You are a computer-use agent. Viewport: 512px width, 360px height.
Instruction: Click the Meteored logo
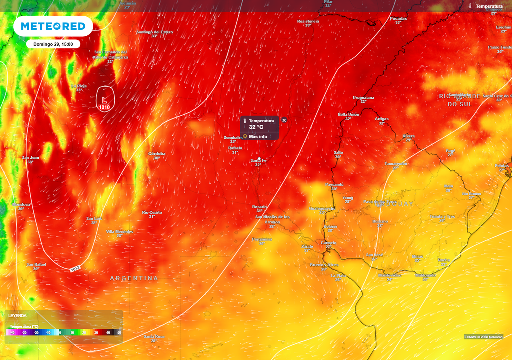pyautogui.click(x=53, y=26)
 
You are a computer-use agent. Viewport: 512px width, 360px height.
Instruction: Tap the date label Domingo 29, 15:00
pyautogui.click(x=53, y=44)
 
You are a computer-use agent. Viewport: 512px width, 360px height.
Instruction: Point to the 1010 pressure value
pyautogui.click(x=104, y=107)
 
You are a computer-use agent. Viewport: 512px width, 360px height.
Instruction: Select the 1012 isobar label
pyautogui.click(x=75, y=269)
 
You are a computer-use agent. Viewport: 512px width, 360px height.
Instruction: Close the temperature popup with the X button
pyautogui.click(x=284, y=120)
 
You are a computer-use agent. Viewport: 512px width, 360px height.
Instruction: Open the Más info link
pyautogui.click(x=258, y=136)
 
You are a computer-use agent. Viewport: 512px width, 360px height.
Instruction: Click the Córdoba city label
pyautogui.click(x=157, y=154)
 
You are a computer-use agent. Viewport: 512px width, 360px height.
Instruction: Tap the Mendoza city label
pyautogui.click(x=21, y=204)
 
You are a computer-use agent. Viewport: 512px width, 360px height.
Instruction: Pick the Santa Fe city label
pyautogui.click(x=259, y=160)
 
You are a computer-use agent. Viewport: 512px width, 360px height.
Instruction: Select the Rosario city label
pyautogui.click(x=259, y=207)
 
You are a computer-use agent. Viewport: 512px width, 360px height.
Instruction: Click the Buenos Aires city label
pyautogui.click(x=324, y=265)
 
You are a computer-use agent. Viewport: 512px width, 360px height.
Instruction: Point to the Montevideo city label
pyautogui.click(x=390, y=275)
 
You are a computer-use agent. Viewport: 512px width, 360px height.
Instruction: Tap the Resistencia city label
pyautogui.click(x=308, y=21)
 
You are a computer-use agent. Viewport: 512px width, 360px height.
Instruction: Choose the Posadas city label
pyautogui.click(x=398, y=19)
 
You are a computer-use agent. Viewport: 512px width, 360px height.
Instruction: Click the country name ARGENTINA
pyautogui.click(x=134, y=278)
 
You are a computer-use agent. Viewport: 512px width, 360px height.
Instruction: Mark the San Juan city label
pyautogui.click(x=30, y=158)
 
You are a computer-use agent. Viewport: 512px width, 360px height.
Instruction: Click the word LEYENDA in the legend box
pyautogui.click(x=17, y=316)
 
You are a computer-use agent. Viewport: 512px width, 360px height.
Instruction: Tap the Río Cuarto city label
pyautogui.click(x=152, y=212)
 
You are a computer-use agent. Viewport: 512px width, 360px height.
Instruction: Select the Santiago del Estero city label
pyautogui.click(x=155, y=32)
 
